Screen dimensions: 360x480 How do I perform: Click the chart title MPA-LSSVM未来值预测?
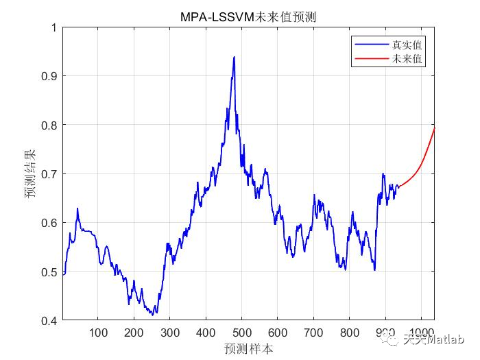pyautogui.click(x=248, y=16)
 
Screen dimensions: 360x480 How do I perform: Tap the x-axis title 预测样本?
pyautogui.click(x=248, y=348)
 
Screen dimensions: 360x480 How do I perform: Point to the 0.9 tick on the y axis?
pyautogui.click(x=49, y=76)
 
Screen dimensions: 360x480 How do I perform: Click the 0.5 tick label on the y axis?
pyautogui.click(x=49, y=272)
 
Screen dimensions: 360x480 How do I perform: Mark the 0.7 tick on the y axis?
pyautogui.click(x=49, y=174)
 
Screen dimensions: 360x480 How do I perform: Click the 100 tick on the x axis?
pyautogui.click(x=98, y=333)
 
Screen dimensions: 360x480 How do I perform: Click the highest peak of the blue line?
pyautogui.click(x=234, y=57)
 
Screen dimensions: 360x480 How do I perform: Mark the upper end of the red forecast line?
pyautogui.click(x=434, y=128)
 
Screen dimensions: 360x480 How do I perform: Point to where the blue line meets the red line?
pyautogui.click(x=398, y=187)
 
